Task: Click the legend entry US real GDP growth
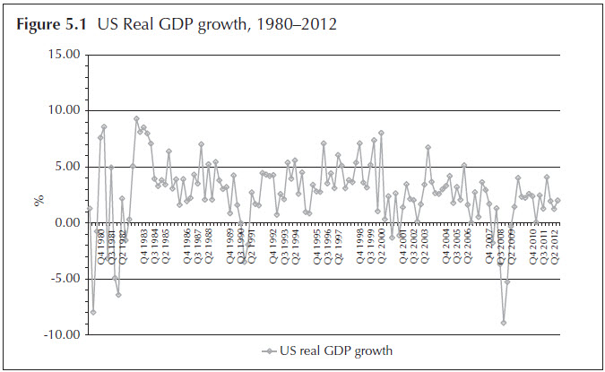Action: (x=331, y=350)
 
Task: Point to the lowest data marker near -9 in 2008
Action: (x=504, y=323)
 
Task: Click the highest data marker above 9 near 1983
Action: (x=136, y=118)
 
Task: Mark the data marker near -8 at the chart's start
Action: (x=92, y=312)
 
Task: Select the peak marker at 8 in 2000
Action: (x=381, y=133)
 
